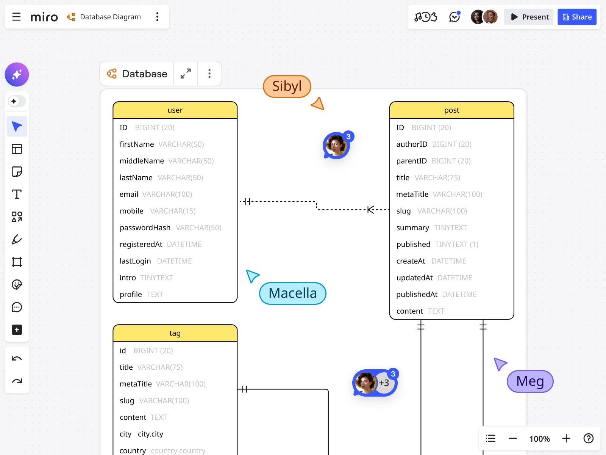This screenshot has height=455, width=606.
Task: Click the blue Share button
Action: pos(577,17)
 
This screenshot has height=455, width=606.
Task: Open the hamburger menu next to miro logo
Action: pos(16,17)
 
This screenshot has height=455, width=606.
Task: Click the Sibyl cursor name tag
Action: pos(287,86)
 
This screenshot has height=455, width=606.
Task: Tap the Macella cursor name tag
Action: pos(292,293)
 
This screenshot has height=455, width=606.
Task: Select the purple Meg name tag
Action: pos(530,381)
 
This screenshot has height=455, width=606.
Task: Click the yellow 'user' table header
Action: pos(175,110)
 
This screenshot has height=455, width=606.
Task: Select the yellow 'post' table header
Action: pos(451,110)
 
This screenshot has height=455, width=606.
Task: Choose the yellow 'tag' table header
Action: pos(175,333)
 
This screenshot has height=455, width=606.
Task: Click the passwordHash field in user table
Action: pos(145,228)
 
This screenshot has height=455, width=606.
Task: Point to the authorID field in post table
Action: pos(412,144)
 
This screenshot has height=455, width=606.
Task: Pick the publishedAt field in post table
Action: pos(417,295)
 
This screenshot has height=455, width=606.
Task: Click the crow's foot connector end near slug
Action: pos(371,210)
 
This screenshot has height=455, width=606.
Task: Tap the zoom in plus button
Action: pos(566,439)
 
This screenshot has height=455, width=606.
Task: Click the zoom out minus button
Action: pos(513,439)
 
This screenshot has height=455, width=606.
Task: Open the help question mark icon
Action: pos(588,439)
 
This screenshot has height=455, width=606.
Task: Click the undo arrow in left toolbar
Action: pos(17,359)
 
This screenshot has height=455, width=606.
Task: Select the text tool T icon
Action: pos(17,194)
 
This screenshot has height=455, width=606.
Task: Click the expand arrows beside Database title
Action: pos(186,74)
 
